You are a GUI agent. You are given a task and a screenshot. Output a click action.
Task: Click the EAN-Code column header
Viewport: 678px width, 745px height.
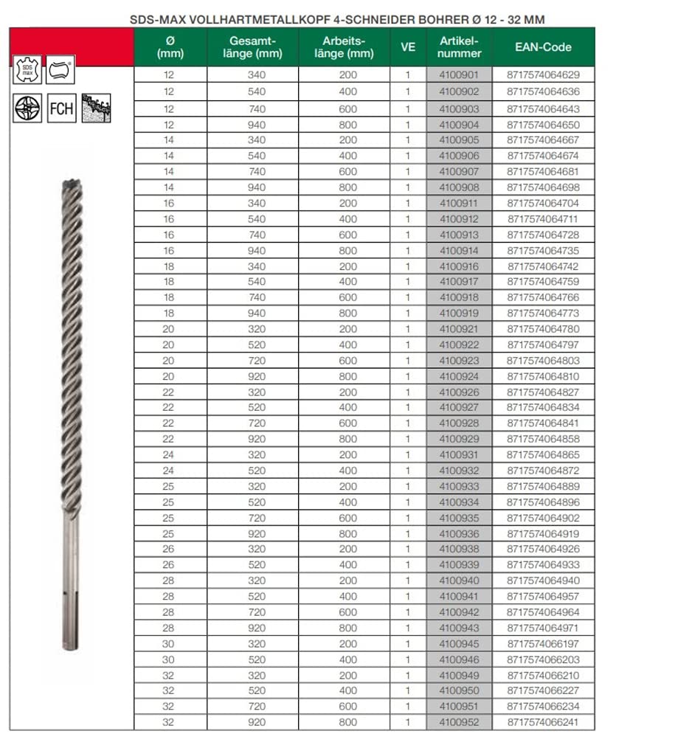[543, 47]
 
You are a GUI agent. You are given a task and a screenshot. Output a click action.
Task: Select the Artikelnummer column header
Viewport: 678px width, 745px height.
[459, 47]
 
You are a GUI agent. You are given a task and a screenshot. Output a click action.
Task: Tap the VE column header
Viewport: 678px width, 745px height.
[407, 47]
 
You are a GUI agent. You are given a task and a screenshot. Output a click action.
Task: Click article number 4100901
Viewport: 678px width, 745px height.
[459, 75]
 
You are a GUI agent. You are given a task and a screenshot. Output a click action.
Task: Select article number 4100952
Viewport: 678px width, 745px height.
[459, 722]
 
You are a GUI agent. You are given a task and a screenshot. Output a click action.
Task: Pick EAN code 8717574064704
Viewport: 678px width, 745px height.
[543, 203]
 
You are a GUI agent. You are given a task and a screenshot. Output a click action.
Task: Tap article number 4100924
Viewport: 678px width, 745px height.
[459, 376]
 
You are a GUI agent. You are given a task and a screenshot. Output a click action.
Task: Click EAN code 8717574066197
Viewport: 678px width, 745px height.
[543, 644]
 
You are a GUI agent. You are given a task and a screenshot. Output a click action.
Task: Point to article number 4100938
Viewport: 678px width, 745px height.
[459, 550]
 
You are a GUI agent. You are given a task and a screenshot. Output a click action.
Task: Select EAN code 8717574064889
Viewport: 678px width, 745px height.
[543, 487]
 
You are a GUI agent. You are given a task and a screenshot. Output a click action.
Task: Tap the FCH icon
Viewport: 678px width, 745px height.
[61, 108]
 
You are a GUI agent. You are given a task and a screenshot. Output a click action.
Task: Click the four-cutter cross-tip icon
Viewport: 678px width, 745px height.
[27, 108]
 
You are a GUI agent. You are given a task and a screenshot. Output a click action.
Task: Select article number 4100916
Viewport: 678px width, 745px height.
[459, 266]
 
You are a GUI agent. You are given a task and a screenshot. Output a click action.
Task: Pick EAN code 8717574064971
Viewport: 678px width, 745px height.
[543, 628]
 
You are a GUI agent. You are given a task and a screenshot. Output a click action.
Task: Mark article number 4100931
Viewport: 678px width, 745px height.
[459, 455]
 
